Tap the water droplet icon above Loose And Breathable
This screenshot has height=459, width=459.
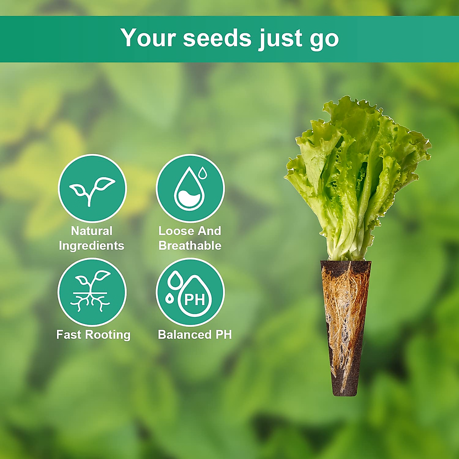pyautogui.click(x=190, y=188)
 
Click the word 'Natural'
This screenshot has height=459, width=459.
pyautogui.click(x=92, y=231)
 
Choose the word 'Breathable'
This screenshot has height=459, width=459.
pyautogui.click(x=190, y=245)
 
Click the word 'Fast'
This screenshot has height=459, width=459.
pyautogui.click(x=69, y=334)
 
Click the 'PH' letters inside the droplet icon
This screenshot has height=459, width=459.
pyautogui.click(x=195, y=299)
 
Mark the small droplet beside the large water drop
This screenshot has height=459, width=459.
pyautogui.click(x=203, y=173)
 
